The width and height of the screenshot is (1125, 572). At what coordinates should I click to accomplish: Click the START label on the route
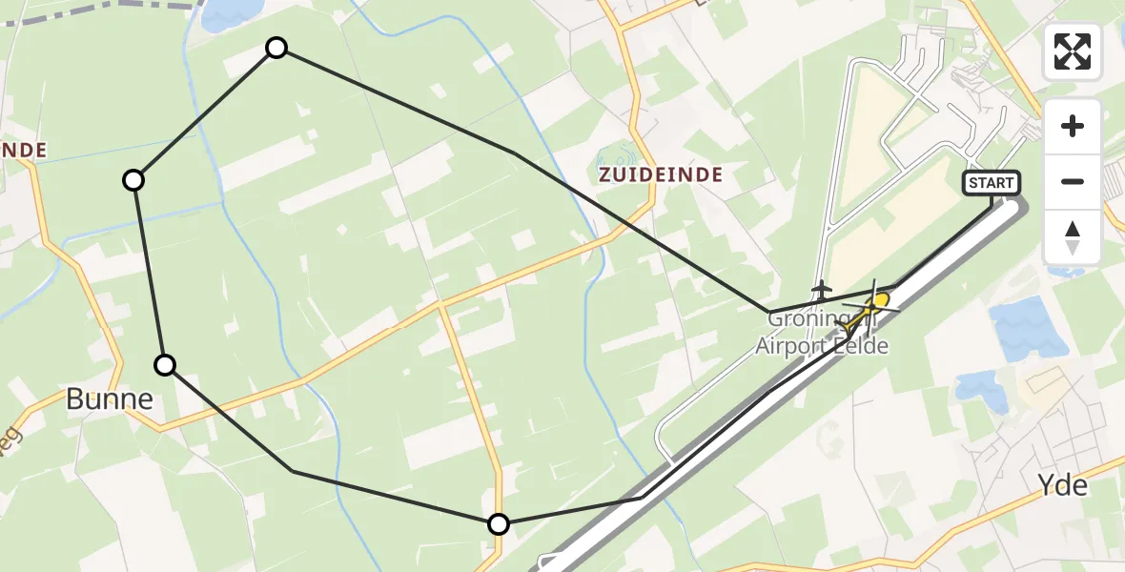[x=992, y=183]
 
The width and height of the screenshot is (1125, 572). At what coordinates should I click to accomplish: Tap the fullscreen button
[x=1073, y=51]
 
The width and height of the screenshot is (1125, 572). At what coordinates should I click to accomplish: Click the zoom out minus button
[x=1073, y=181]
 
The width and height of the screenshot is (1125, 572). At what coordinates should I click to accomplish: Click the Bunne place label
[x=110, y=399]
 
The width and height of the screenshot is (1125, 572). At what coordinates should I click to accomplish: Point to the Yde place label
[x=1065, y=484]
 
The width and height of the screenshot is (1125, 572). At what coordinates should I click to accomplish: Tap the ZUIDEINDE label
[x=661, y=174]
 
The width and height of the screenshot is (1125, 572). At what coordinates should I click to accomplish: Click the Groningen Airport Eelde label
[x=821, y=333]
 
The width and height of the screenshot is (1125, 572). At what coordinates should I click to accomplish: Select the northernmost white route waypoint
[x=276, y=48]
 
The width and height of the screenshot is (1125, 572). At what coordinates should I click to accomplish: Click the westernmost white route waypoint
[x=134, y=179]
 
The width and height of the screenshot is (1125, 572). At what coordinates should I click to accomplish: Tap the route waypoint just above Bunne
[x=165, y=364]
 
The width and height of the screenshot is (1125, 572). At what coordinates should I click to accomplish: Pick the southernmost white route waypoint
[x=499, y=523]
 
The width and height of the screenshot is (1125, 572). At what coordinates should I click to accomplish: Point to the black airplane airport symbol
[x=821, y=288]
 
